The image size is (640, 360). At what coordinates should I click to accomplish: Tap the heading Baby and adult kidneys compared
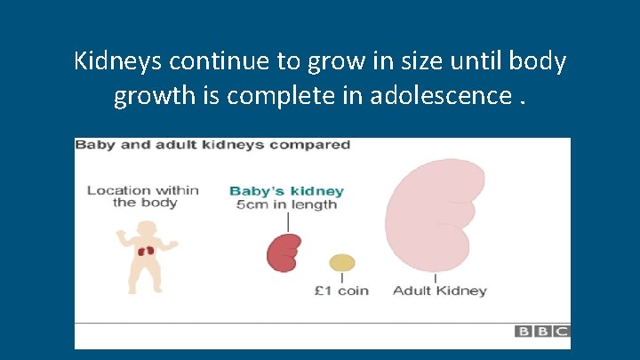212,145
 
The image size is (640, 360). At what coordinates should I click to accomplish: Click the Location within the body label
142,196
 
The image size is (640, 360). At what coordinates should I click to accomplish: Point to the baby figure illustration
146,258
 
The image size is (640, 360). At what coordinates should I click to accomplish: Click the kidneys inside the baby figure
146,251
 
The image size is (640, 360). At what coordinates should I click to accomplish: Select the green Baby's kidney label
286,191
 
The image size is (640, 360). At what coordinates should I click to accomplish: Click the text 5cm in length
286,204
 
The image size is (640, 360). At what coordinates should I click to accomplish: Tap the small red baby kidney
284,252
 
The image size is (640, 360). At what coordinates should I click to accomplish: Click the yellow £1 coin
342,262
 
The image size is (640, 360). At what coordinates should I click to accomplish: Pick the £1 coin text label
342,291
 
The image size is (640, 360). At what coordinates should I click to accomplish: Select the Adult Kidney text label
439,291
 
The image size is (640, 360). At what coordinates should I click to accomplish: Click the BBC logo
541,332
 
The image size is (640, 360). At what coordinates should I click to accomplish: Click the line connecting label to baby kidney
286,221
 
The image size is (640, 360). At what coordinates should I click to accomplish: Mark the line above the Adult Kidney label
435,278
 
